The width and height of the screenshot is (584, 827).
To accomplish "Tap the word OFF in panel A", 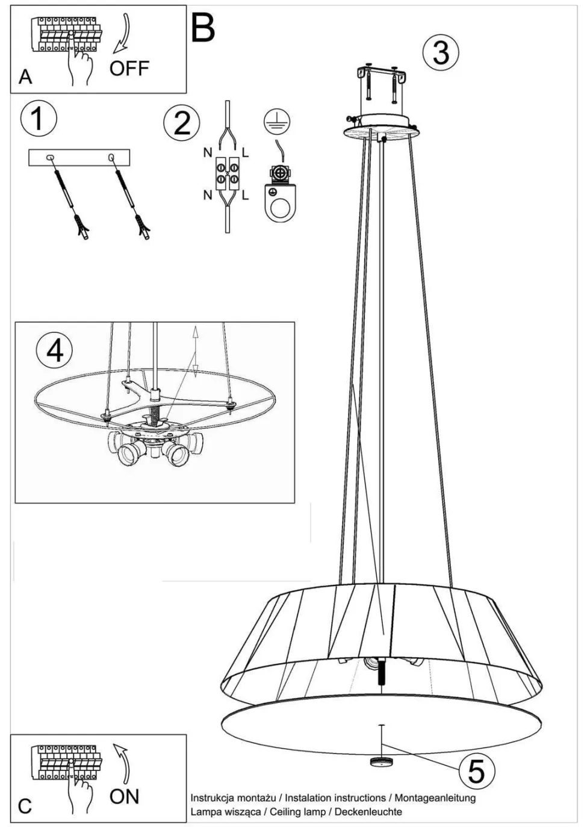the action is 129,68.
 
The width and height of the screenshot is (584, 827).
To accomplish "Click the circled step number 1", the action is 39,119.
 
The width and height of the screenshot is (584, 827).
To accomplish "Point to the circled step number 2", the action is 181,123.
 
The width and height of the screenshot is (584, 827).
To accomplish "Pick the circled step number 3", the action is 441,53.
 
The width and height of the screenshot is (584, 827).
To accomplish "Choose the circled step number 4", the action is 54,351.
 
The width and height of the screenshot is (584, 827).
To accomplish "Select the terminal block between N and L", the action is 227,173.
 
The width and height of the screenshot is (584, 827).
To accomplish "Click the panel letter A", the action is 25,76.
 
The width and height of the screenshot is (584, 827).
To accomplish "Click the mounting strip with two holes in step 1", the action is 79,157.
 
